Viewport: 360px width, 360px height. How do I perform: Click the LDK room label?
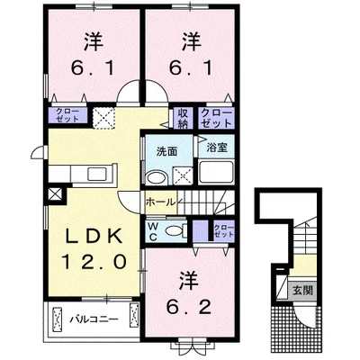pos(94,236)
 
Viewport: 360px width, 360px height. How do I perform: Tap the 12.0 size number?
pos(94,261)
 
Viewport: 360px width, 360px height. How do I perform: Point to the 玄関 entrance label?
pos(302,290)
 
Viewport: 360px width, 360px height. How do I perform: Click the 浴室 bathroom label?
pos(217,148)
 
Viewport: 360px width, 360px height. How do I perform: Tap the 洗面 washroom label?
pos(166,152)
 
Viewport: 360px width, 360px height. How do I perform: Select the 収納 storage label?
pos(183,118)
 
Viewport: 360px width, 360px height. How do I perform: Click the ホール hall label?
pos(160,202)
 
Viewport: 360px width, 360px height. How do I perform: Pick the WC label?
pos(153,231)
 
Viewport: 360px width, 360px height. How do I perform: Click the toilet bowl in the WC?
pos(175,230)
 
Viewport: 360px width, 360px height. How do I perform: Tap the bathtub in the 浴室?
pos(216,172)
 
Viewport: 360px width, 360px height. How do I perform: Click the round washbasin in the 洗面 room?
pos(157,177)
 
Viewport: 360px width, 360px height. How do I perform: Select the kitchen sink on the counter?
pos(96,175)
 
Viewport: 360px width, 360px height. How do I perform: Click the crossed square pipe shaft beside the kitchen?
pos(56,194)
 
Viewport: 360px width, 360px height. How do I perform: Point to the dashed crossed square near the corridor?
pos(103,118)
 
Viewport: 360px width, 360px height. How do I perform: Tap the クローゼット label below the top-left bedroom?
pos(67,115)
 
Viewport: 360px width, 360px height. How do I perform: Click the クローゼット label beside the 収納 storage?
pos(216,118)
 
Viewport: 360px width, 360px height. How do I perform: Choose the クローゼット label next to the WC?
pos(223,230)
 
